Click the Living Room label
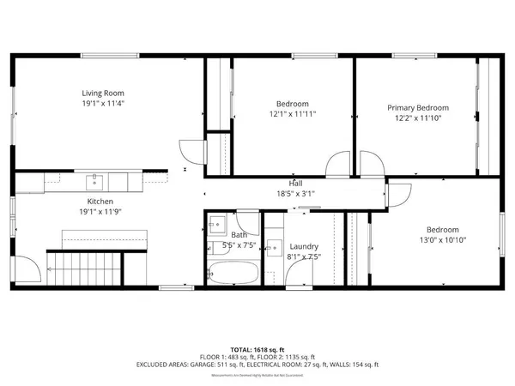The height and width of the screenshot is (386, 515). tap(103, 93)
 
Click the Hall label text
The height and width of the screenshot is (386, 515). tap(295, 184)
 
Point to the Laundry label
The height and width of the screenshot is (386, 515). tap(305, 245)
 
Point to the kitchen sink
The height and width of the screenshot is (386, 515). tap(94, 181)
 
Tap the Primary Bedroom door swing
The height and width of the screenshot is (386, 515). tap(370, 164)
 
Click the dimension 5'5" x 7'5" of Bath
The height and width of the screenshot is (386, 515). tap(238, 245)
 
